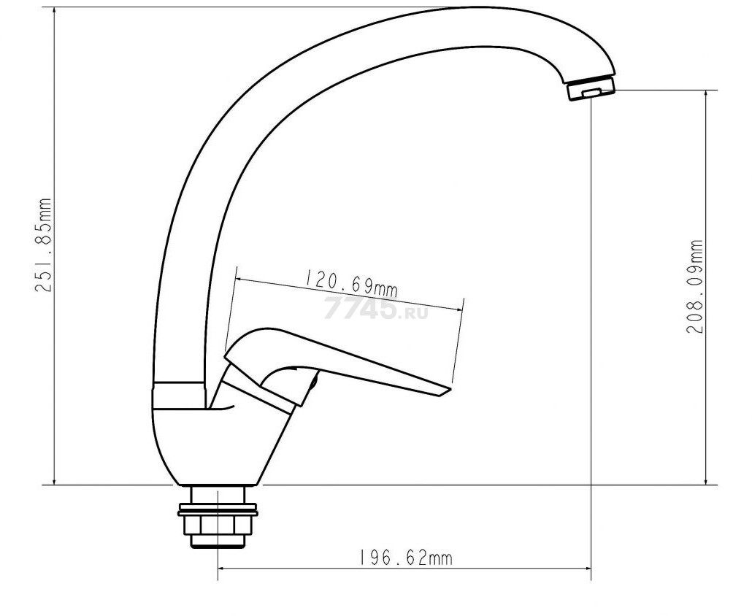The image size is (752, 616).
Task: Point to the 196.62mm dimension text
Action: point(405,558)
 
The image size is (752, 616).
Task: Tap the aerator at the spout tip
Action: point(591,90)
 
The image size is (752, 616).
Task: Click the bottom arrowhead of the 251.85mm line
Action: point(54,481)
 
